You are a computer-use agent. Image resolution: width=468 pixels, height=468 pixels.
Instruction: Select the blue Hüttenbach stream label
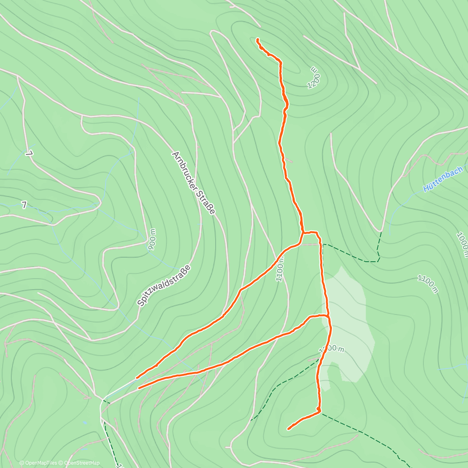click(x=443, y=179)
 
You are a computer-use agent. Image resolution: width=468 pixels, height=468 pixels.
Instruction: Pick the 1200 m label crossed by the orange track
click(x=331, y=349)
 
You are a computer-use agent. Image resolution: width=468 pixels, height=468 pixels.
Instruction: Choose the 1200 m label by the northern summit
click(x=314, y=78)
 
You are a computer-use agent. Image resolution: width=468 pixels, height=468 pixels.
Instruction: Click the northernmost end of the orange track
click(x=257, y=39)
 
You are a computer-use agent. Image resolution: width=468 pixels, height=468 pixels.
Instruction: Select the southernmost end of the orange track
click(x=289, y=429)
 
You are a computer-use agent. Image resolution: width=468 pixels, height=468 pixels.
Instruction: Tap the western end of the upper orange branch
click(x=137, y=378)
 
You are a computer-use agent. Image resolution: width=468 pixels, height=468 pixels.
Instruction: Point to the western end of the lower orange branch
click(x=139, y=388)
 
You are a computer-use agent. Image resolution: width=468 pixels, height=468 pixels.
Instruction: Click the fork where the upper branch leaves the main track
click(x=303, y=232)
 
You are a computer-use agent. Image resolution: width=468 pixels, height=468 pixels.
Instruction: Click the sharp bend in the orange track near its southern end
click(x=319, y=411)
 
